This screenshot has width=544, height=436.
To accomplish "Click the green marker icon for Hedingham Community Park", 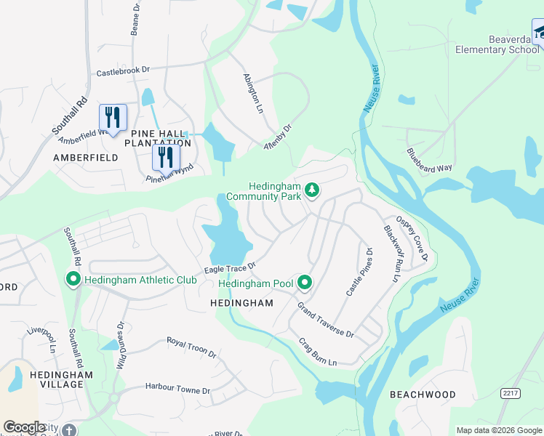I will [312, 190].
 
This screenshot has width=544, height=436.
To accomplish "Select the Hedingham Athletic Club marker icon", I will [73, 279].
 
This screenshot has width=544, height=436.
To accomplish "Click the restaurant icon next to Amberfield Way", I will [113, 117].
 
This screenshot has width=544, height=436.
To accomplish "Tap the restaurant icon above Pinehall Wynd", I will [167, 157].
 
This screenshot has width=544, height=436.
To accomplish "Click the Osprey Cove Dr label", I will [411, 238].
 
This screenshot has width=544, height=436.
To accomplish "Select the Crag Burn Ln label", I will [318, 352].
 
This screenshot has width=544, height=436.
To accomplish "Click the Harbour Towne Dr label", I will [177, 389].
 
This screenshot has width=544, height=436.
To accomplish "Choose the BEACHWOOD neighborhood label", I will [423, 395].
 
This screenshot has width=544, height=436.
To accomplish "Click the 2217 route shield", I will [511, 392].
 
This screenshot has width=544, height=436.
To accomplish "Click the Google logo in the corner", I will [23, 427].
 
